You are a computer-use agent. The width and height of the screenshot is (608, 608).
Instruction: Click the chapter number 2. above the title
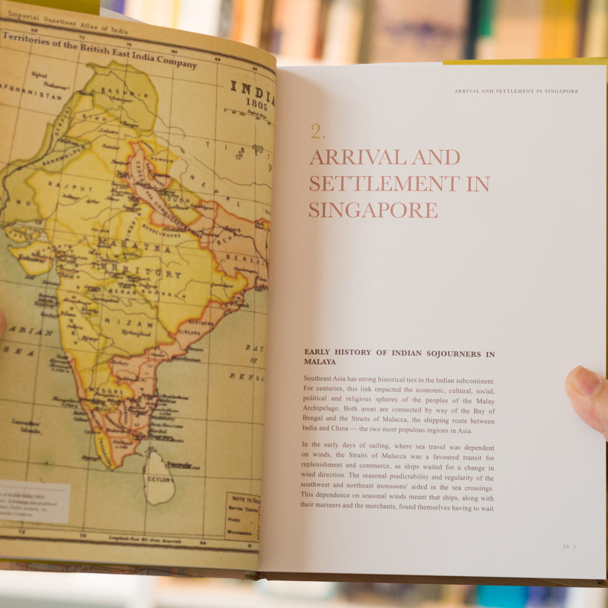(x=318, y=132)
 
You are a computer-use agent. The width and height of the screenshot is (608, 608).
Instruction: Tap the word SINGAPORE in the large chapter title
(x=373, y=210)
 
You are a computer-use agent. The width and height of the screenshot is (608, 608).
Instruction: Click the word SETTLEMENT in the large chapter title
(x=383, y=183)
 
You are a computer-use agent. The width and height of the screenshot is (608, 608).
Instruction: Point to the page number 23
(x=566, y=547)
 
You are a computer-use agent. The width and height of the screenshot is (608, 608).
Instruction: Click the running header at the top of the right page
(x=516, y=91)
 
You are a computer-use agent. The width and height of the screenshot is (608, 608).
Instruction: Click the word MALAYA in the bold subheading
(x=320, y=362)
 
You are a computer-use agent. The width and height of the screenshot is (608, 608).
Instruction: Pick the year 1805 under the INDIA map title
(x=256, y=101)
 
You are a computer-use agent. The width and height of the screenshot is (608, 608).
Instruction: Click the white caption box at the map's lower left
(x=34, y=502)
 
